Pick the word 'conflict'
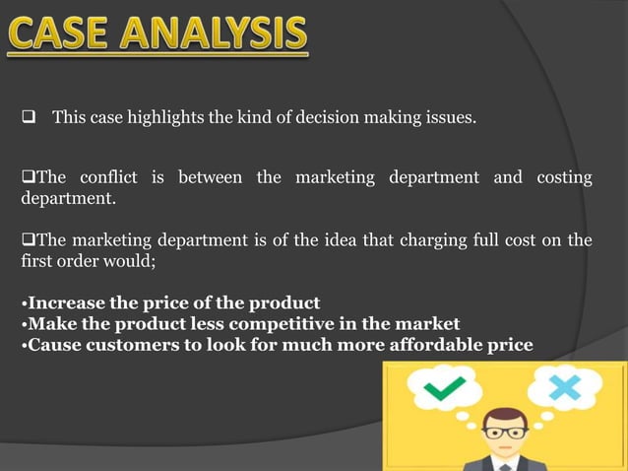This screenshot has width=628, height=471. point(109,177)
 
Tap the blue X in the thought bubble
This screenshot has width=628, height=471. point(564,388)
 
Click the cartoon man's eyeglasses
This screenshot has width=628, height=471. point(504,432)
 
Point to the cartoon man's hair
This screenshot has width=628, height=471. point(504,416)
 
